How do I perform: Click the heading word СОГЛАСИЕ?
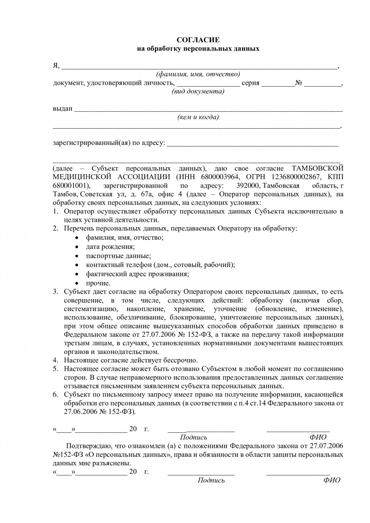click(x=198, y=40)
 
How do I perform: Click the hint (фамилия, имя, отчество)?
click(x=198, y=74)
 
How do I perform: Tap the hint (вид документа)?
click(x=198, y=91)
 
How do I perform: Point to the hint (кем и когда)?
click(x=198, y=117)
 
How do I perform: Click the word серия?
click(x=250, y=83)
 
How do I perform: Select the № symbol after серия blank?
click(x=299, y=83)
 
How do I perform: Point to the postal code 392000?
click(x=248, y=185)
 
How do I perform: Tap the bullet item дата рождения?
click(x=110, y=247)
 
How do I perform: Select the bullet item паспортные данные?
click(x=118, y=256)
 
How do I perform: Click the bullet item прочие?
click(x=98, y=283)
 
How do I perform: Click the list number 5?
click(x=55, y=369)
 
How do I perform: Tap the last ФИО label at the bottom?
click(x=332, y=480)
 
